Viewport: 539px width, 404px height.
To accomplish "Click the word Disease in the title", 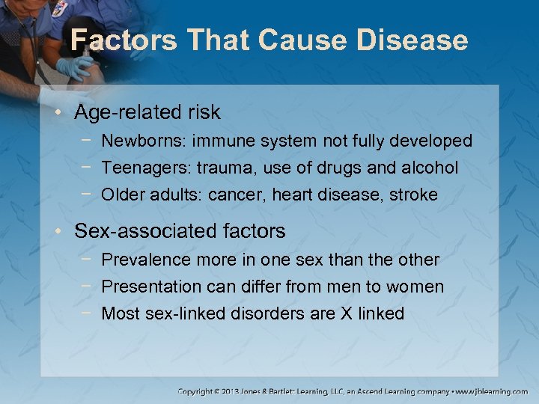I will point(417,40).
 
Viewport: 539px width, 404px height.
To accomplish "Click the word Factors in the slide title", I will point(121,40).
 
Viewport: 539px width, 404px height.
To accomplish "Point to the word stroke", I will point(414,195).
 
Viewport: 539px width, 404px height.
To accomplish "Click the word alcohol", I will point(428,168).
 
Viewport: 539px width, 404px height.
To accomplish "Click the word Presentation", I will point(151,287).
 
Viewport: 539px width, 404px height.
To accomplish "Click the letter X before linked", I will point(346,313).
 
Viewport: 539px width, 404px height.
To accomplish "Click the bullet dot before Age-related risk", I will point(61,114).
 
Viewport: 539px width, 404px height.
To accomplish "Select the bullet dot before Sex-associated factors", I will point(61,232).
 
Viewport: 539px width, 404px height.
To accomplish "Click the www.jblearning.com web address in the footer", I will point(493,391).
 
